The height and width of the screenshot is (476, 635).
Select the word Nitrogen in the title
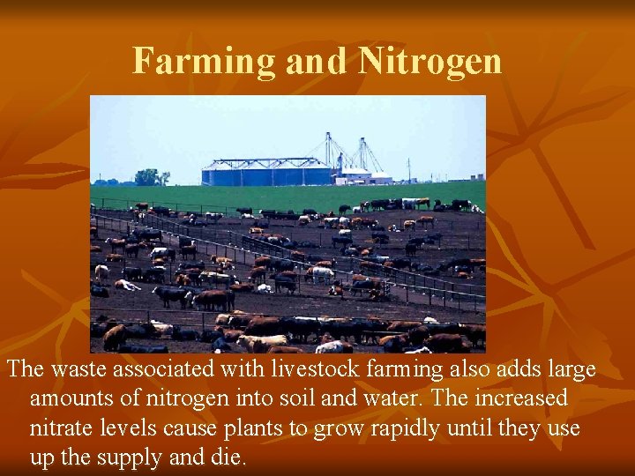pyautogui.click(x=430, y=61)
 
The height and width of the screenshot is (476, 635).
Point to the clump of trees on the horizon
pyautogui.click(x=151, y=177)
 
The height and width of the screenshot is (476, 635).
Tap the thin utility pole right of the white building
pyautogui.click(x=408, y=170)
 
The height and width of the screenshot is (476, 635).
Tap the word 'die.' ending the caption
pyautogui.click(x=229, y=458)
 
